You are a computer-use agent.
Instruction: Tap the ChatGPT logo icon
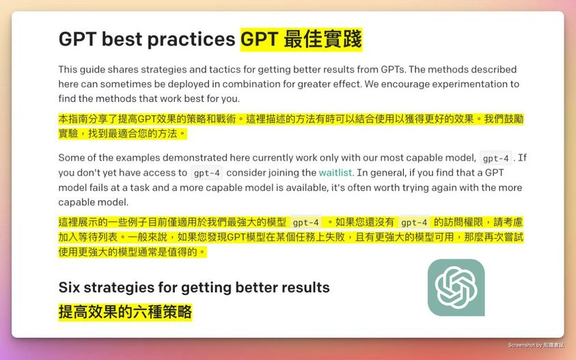(456, 287)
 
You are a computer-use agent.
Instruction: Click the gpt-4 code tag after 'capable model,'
(496, 158)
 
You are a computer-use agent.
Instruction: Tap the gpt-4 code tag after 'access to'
(206, 174)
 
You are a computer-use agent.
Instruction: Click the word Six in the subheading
(71, 288)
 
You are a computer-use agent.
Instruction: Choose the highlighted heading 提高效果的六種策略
(125, 312)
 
